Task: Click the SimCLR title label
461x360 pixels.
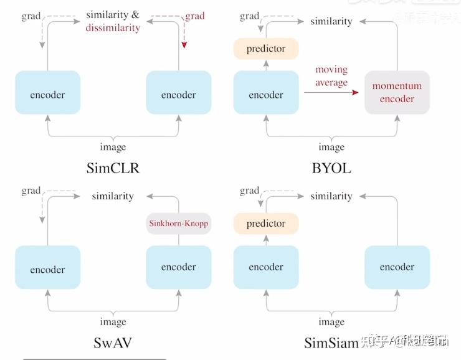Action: coord(113,168)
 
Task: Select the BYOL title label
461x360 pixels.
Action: coord(331,168)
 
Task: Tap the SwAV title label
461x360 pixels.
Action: coord(113,343)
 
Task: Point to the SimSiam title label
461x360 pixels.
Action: coord(331,343)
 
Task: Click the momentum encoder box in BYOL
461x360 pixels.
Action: coord(397,92)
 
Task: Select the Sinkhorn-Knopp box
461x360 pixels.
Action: coord(179,223)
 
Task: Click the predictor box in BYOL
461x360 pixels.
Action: coord(266,49)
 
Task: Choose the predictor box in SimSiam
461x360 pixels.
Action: coord(266,224)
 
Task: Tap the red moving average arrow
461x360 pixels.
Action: coord(331,92)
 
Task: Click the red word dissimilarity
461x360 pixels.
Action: coord(113,27)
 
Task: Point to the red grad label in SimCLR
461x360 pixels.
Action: coord(194,16)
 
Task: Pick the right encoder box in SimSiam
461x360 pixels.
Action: coord(397,267)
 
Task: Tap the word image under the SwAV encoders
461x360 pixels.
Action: coord(113,322)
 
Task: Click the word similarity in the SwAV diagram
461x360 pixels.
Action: coord(113,196)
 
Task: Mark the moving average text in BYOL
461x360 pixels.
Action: coord(331,76)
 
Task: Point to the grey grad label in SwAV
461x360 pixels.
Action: coord(31,191)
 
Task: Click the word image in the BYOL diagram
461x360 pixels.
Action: coord(331,147)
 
